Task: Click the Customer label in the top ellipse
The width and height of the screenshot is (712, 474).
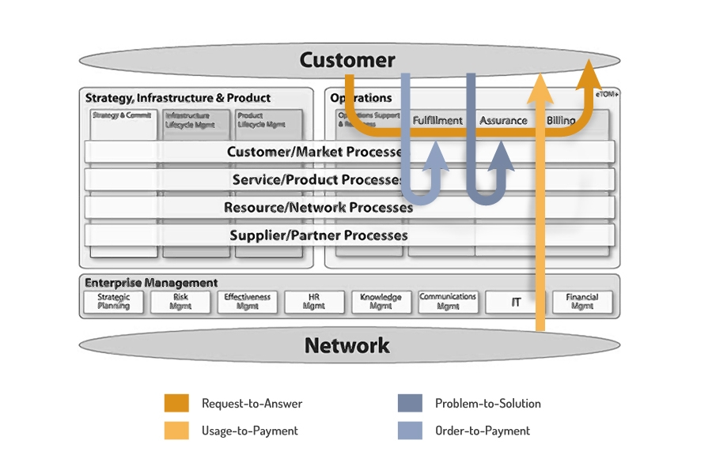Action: pos(347,60)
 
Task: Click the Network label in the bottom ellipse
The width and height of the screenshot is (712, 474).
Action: pos(347,345)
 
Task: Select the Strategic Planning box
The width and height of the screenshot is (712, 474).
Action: pos(114,302)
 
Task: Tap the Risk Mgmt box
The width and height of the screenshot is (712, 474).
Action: pos(180,302)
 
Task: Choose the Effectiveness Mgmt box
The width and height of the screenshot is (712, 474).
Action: pos(248,302)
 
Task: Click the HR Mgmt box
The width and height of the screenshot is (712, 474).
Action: pos(314,302)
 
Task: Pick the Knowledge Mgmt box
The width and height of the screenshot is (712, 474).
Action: pos(381,302)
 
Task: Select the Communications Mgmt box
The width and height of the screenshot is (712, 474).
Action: pos(448,302)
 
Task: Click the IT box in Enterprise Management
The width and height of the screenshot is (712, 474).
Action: pos(516,302)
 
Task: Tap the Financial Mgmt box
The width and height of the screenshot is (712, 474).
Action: pos(582,302)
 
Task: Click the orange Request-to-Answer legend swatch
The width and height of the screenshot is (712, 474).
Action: pos(176,403)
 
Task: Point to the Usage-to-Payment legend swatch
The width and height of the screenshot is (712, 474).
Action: pos(176,431)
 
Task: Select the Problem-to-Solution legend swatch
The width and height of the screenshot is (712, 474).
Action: pos(410,403)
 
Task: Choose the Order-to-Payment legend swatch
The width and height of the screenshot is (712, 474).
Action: pos(410,431)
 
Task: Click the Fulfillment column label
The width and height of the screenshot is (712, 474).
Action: pos(437,121)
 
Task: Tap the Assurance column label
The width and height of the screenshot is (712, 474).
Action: pos(503,121)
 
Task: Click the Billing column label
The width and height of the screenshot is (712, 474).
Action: pos(562,121)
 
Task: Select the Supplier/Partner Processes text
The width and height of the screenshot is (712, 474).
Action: pos(319,235)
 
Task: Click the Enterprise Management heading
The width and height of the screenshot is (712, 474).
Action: pos(152,283)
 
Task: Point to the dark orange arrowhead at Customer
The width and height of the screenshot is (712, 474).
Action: pos(588,73)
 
